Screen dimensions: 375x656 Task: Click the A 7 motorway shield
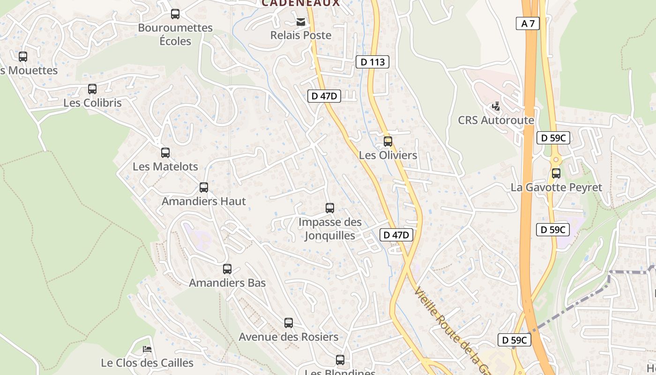[x=528, y=23]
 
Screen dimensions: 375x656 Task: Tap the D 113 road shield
[x=372, y=62]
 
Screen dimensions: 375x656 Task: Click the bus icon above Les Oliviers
[x=388, y=141]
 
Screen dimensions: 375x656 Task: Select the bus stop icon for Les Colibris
[x=92, y=89]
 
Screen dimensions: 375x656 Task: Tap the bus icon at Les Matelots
[x=165, y=153]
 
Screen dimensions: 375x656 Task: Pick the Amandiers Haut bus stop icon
[x=204, y=187]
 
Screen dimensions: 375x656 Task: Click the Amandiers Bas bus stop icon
[x=227, y=269]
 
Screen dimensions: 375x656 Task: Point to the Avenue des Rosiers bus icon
[x=289, y=323]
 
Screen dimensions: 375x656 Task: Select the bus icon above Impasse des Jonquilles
[x=330, y=208]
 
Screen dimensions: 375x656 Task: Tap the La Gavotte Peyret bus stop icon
[x=556, y=173]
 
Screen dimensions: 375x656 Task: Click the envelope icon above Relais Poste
[x=300, y=22]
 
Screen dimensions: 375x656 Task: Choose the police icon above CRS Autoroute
[x=496, y=106]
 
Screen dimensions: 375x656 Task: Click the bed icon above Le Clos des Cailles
[x=147, y=349]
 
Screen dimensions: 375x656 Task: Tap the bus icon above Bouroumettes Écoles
[x=175, y=14]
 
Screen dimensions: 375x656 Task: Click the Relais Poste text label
[x=301, y=35]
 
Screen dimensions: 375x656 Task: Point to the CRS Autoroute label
[x=496, y=120]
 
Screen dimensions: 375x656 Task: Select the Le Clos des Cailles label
[x=147, y=363]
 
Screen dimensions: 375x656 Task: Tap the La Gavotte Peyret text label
[x=556, y=187]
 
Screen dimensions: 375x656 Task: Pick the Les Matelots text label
[x=165, y=166]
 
